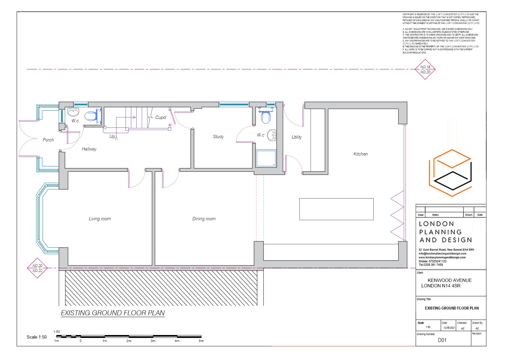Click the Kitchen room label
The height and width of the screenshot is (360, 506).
pos(360,154)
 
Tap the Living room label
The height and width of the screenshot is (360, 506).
pos(100,219)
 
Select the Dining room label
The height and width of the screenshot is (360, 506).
pos(204,219)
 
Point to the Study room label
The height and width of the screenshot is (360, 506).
pos(218,137)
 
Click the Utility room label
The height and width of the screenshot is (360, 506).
pos(296,137)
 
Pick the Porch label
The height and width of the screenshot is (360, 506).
pos(48,140)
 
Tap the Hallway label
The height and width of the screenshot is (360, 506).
pos(89,149)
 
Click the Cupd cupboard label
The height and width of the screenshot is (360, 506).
pos(161,117)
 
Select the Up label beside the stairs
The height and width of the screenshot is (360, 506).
pos(112,137)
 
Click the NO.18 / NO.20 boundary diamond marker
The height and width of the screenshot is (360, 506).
pos(425,69)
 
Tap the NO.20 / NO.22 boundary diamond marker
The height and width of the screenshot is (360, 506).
pos(37,268)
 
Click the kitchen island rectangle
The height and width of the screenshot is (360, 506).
pos(336,209)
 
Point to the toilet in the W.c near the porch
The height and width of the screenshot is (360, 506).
pos(91,116)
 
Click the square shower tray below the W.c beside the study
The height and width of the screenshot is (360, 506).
pos(266,158)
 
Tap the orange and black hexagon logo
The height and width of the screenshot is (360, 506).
pos(450,173)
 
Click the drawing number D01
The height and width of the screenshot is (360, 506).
pos(442,340)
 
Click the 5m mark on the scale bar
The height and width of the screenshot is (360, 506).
pos(201,341)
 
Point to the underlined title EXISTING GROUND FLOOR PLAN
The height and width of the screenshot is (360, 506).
pos(113,313)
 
